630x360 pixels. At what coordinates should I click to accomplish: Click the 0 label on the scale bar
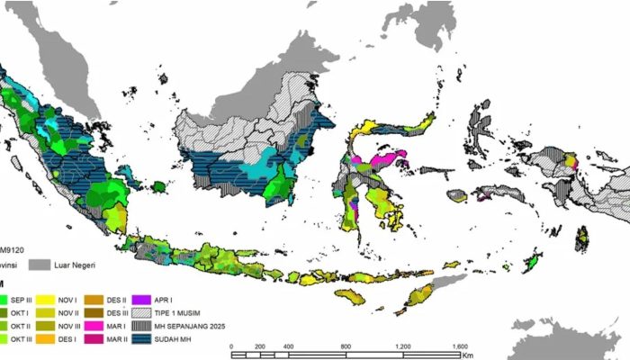(232, 346)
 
